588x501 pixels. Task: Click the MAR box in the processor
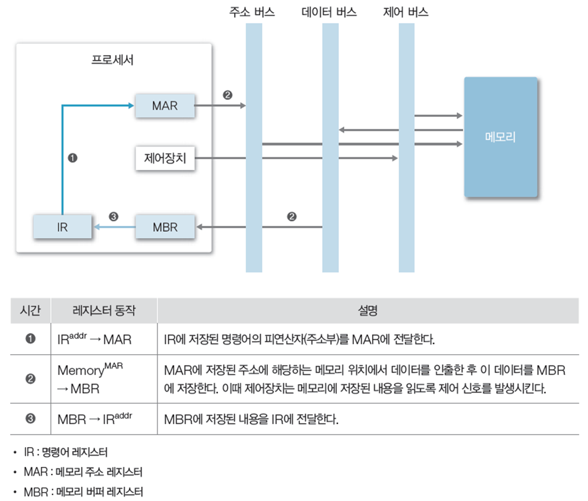(165, 106)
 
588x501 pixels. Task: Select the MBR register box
(165, 228)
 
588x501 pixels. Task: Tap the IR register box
(62, 228)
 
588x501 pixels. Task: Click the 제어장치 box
(165, 159)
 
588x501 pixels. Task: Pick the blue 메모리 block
(500, 137)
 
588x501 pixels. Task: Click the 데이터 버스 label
(329, 12)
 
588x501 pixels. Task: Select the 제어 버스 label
(406, 12)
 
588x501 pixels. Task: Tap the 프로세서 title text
(113, 60)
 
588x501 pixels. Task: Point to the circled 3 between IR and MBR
(113, 217)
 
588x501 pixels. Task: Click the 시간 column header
(30, 311)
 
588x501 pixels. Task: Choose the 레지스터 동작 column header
(104, 311)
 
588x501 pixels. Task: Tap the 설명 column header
(368, 311)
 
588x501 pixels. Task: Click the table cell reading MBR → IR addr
(95, 419)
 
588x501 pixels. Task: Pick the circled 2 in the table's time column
(30, 379)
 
